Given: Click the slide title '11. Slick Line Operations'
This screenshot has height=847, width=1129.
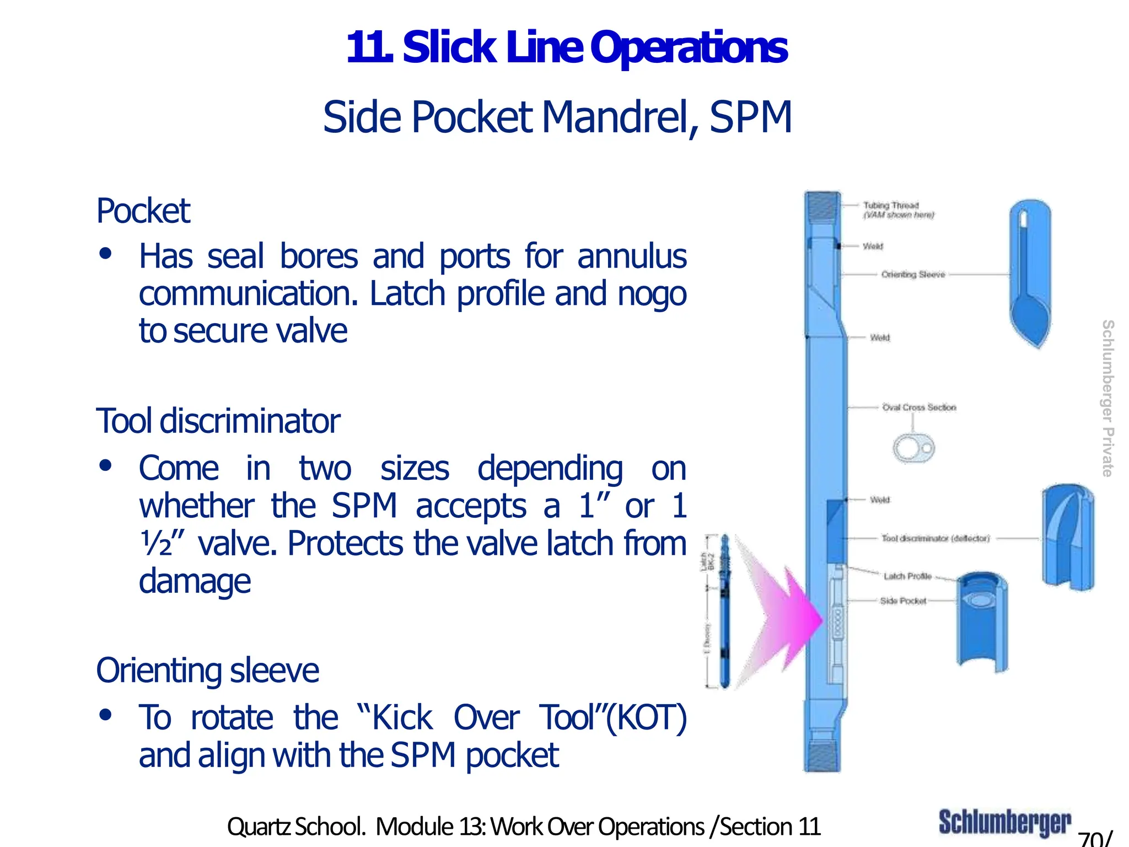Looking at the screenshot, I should [x=567, y=48].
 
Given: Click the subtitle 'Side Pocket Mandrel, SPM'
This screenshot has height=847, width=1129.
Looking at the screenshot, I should [x=557, y=117].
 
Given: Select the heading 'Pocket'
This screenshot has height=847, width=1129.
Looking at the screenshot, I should [x=143, y=211].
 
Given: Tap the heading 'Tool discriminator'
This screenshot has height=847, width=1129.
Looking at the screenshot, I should [x=218, y=421].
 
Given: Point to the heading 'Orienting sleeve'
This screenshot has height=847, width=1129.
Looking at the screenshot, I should [x=207, y=671].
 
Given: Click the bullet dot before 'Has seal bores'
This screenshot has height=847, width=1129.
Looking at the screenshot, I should [x=105, y=254].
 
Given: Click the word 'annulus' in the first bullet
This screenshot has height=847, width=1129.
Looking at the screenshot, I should [x=632, y=257].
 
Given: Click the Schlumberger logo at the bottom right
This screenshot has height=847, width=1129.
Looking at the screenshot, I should [x=1004, y=823].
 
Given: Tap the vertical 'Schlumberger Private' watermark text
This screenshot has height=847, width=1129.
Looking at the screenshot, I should [x=1107, y=398].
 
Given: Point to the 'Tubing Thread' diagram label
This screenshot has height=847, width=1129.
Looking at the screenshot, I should [x=891, y=205].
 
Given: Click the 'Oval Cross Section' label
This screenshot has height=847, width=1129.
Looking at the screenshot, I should [x=919, y=408].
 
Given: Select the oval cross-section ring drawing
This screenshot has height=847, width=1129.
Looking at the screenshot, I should [x=913, y=448].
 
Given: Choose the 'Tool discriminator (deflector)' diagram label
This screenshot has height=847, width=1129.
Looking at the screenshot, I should [x=936, y=538].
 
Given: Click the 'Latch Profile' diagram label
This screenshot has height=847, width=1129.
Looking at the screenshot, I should [x=907, y=576].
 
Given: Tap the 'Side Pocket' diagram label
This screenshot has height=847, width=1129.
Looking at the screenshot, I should [x=903, y=601].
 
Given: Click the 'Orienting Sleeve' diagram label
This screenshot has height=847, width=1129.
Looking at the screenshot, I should [x=913, y=274].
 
